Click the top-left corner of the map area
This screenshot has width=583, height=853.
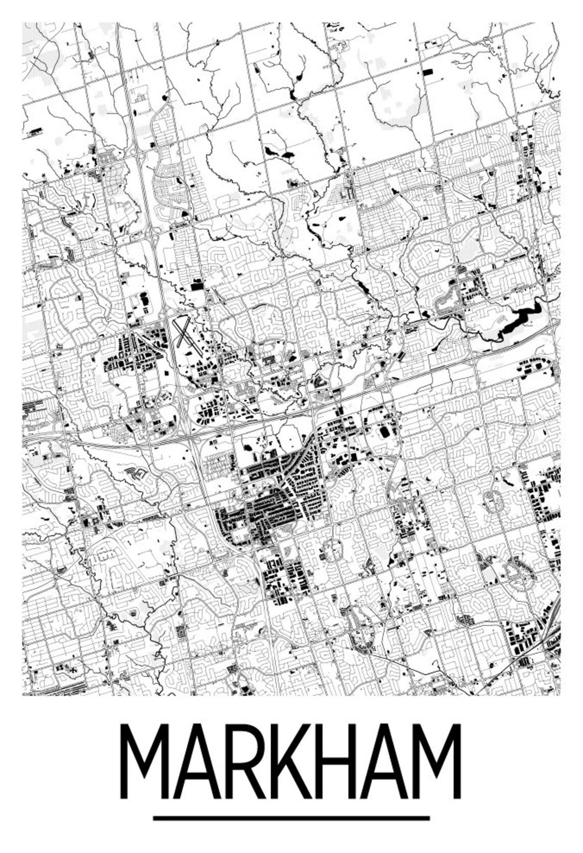click(23, 23)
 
